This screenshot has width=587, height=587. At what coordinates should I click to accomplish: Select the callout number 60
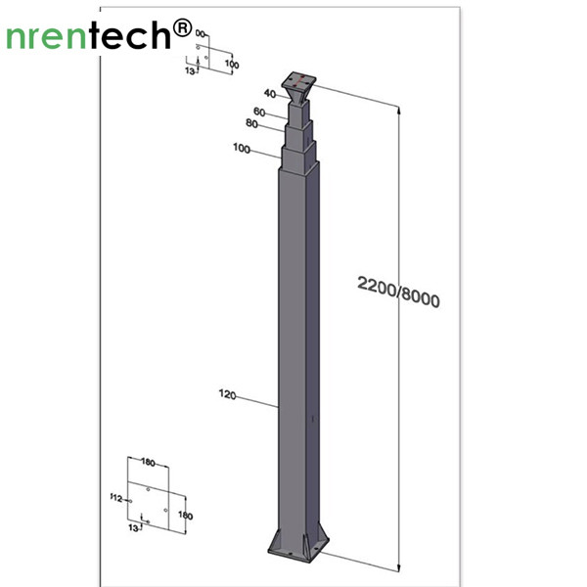coord(259,111)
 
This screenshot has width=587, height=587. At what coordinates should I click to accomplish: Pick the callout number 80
coord(251,124)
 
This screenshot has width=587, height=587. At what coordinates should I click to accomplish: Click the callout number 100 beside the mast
coord(242,149)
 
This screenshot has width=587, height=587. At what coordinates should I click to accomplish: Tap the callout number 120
coord(228,394)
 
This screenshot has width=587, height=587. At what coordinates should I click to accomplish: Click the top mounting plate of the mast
coord(299,78)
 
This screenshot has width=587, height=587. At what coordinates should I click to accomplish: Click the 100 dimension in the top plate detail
coord(232,64)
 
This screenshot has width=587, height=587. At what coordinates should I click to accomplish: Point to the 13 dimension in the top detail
coord(191,70)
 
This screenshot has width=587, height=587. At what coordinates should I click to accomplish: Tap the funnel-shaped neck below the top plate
coord(297,95)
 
